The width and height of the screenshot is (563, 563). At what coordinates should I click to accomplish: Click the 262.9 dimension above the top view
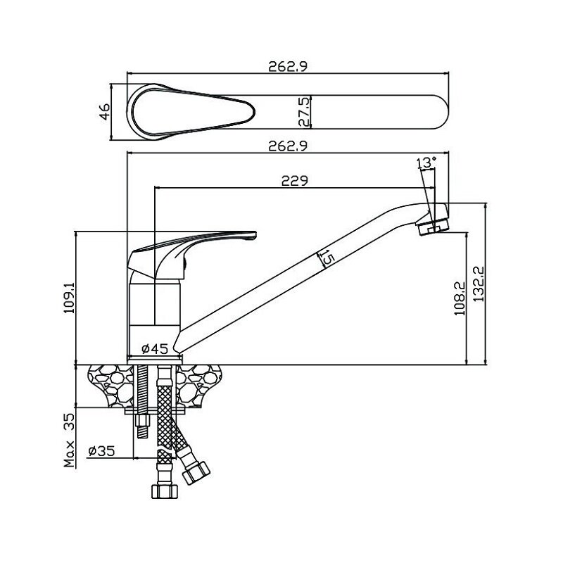288,66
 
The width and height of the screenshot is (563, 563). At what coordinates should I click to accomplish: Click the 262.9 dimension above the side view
288,146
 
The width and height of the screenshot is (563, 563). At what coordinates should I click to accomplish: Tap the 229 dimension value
294,181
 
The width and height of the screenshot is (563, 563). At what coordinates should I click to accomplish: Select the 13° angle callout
426,163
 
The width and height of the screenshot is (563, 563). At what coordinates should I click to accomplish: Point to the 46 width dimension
105,112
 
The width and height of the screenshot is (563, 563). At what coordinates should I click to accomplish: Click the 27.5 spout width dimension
304,112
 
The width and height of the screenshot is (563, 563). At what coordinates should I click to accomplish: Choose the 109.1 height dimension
69,298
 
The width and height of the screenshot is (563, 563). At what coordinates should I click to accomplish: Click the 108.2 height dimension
460,298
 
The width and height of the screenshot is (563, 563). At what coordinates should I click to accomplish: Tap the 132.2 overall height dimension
479,284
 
